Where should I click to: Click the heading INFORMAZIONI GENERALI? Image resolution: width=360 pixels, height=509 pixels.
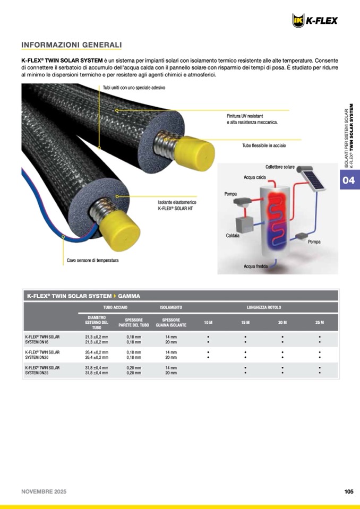72,45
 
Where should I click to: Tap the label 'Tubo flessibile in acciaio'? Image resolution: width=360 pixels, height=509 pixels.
264,145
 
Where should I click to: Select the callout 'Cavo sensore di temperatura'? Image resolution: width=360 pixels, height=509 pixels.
92,260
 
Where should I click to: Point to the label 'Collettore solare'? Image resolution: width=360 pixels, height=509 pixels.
280,167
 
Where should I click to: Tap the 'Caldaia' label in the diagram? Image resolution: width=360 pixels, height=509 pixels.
233,235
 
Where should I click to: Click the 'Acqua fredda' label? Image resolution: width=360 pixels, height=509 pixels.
255,266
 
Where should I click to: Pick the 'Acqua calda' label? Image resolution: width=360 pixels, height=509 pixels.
255,177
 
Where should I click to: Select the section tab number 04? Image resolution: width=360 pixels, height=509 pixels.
348,180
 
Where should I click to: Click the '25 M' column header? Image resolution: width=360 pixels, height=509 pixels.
319,323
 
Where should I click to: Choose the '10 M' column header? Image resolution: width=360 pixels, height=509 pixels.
208,323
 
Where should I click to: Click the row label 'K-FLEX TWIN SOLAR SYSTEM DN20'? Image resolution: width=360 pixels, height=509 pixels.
42,355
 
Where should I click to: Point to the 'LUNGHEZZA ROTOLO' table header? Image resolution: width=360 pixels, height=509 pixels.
264,307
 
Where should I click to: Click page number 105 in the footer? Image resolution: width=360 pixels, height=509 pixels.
348,491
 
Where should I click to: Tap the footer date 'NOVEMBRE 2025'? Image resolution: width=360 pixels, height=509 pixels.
44,491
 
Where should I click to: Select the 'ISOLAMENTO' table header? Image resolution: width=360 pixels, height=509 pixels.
171,307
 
